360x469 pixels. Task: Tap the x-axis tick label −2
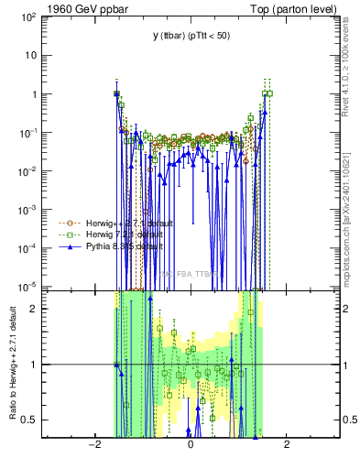[x=93, y=445]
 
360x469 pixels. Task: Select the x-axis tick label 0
[x=191, y=445]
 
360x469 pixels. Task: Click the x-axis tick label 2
[x=287, y=445]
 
